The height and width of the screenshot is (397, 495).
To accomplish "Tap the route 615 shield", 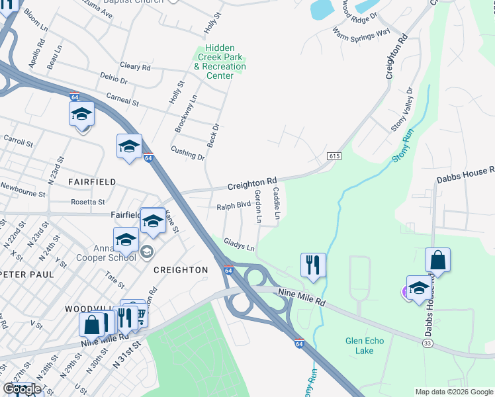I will pos(334,155).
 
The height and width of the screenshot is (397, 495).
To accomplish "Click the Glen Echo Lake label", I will pos(364,345).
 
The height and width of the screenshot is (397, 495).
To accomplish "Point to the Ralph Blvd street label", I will pos(234,206).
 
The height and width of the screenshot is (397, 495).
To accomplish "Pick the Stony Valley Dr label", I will pos(402,109).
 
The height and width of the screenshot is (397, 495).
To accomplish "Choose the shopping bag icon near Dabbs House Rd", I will pos(438,260).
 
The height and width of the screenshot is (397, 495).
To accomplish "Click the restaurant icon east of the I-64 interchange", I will pos(312,265).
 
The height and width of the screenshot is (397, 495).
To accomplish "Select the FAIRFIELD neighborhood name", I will pos(92,181).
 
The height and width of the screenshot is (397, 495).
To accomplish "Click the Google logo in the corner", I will pos(22,389).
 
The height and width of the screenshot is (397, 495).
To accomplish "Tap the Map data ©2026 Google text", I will pos(453,392).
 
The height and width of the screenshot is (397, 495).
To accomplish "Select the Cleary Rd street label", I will pos(135,67).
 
